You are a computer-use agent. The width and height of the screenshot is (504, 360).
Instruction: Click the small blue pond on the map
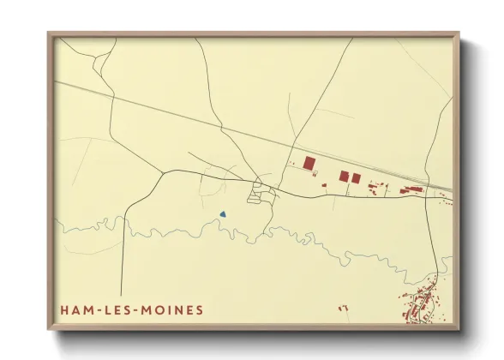(x=222, y=214)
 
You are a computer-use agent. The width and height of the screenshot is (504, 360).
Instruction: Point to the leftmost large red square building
(x=309, y=163)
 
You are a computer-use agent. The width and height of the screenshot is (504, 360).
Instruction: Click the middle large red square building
(x=344, y=177)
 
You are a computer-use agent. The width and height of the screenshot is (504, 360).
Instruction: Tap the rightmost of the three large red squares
(x=356, y=177)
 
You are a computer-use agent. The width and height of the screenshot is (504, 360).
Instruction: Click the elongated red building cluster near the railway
(x=413, y=189)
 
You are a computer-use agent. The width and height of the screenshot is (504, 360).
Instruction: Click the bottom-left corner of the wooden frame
(x=49, y=329)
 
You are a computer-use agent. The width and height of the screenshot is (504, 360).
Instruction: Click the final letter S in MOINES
(x=201, y=309)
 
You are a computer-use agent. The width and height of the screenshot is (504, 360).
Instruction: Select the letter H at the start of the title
(x=64, y=309)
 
